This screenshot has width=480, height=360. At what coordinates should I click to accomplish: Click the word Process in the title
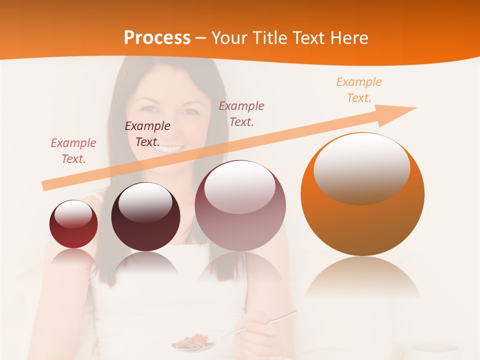(x=157, y=38)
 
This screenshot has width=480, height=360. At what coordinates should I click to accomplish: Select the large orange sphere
(x=362, y=195)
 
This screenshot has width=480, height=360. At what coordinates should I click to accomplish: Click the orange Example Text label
(x=358, y=90)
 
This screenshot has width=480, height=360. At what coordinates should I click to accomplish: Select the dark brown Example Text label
(x=147, y=134)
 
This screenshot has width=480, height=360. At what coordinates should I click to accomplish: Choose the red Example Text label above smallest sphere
(x=73, y=151)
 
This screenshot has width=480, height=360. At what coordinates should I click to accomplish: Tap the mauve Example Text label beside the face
(x=241, y=114)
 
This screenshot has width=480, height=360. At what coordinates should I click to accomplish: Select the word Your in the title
(x=230, y=38)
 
